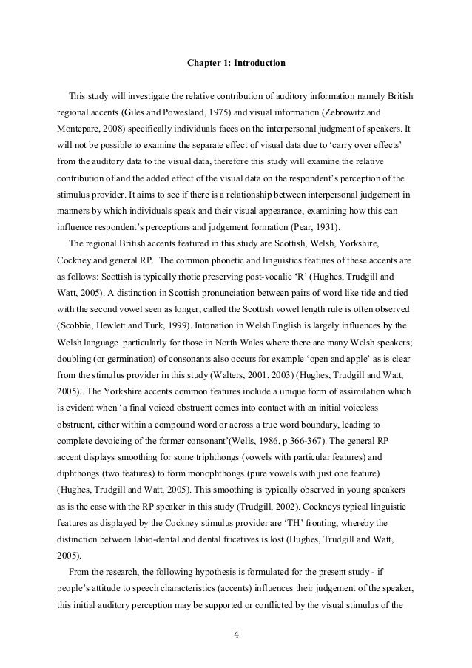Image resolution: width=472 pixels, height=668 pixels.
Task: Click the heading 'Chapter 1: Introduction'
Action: tap(235, 64)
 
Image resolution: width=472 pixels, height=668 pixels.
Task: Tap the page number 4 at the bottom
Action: tap(236, 634)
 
